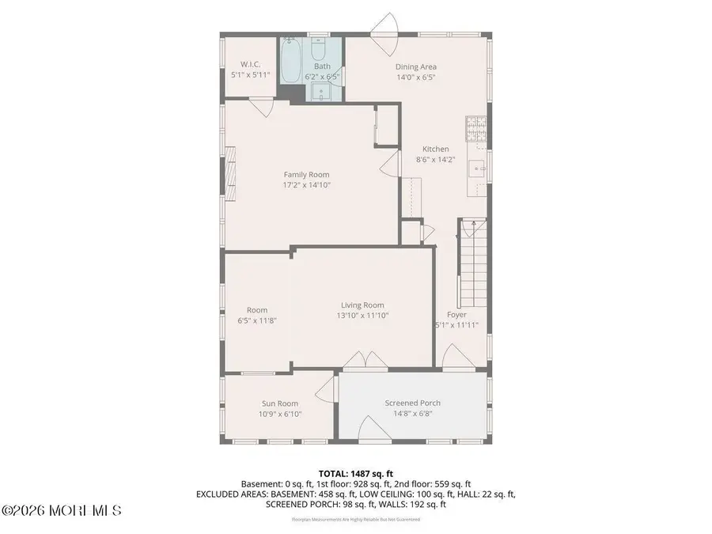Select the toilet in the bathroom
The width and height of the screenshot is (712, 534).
pos(320,51)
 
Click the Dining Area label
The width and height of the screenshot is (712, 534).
pos(416,67)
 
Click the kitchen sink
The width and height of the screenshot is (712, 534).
pos(478,168)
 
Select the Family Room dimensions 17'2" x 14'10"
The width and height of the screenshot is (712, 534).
pos(307,184)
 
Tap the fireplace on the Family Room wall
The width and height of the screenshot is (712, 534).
pos(230,174)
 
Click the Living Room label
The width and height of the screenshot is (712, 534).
pos(362,305)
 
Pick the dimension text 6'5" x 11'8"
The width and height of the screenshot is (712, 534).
pos(257,320)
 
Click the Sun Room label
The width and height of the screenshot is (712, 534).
pos(280,403)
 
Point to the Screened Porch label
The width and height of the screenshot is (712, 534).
pos(412,403)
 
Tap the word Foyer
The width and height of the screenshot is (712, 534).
pos(457,314)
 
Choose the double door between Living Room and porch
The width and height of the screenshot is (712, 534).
pos(354,360)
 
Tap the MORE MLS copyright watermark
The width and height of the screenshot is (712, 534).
pos(62,511)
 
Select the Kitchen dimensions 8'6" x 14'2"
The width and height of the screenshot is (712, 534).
pos(435,159)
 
